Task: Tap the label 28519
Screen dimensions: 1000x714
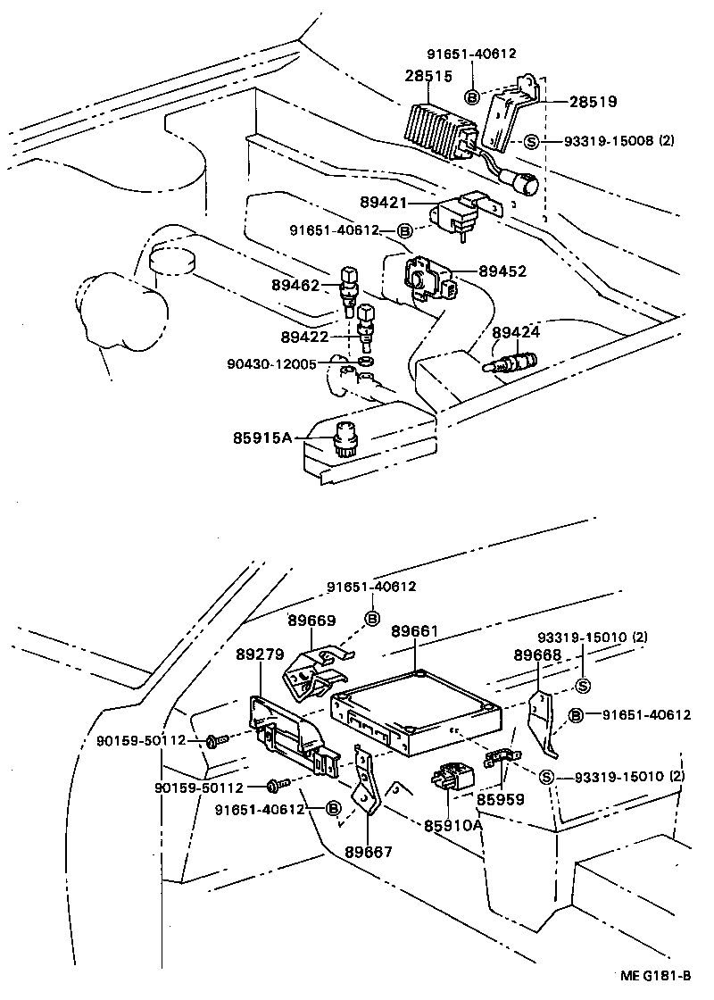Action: [x=594, y=102]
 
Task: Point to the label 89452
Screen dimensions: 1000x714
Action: [x=502, y=271]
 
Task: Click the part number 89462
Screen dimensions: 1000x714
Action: [x=295, y=286]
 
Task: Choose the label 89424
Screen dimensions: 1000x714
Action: [x=517, y=333]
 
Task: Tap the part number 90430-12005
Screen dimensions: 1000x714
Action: [x=272, y=363]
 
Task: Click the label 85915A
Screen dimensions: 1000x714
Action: [x=262, y=438]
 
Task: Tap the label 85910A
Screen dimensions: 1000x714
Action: [x=453, y=824]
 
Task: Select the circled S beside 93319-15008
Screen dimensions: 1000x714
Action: [x=530, y=141]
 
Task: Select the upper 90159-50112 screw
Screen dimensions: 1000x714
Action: [x=214, y=740]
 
